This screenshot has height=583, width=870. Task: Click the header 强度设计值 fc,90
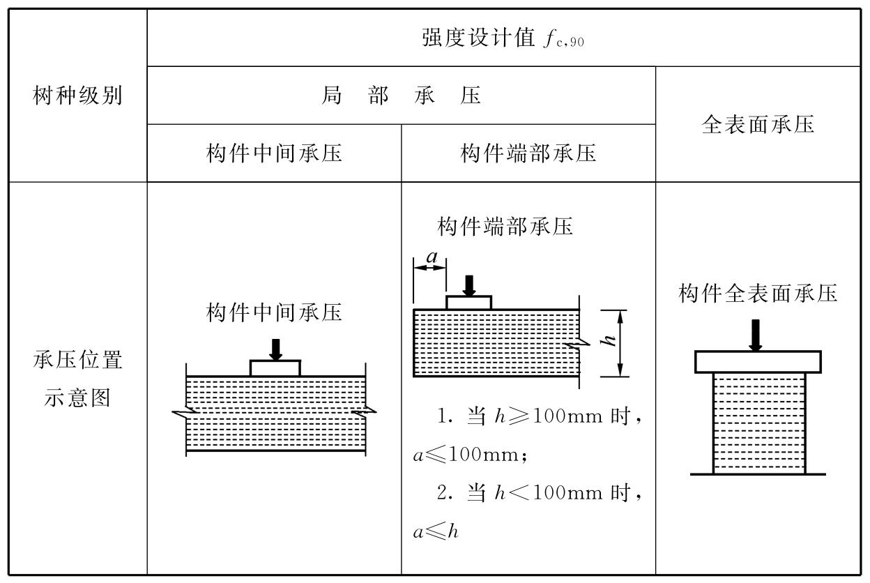point(503,38)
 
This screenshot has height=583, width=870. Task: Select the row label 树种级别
point(77,96)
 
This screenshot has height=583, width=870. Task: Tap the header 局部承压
point(401,96)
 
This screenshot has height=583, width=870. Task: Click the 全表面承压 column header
point(758,124)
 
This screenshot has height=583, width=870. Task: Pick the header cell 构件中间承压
point(274,153)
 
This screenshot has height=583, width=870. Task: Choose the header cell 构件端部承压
point(528,153)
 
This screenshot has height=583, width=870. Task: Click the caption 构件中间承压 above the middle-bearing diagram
point(274,312)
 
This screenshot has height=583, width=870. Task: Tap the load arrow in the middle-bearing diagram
point(276,349)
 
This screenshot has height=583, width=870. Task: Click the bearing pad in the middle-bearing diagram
point(275,368)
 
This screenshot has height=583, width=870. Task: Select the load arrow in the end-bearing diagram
point(469,285)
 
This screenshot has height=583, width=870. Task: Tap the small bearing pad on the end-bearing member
point(468,303)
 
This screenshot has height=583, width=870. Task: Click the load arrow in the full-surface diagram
point(756,335)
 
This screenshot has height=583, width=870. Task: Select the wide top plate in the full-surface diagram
point(758,362)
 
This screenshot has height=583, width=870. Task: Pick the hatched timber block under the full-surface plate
point(758,423)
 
